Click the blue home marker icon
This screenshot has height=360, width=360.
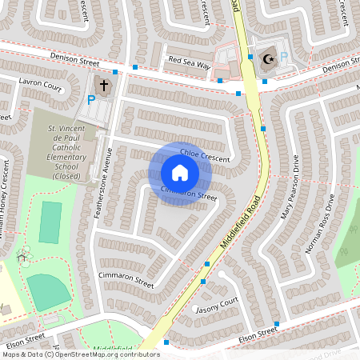pos(179,173)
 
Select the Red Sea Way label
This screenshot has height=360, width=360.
pos(188,60)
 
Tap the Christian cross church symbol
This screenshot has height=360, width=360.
pos(103,84)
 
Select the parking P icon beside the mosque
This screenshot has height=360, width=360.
pos(283,58)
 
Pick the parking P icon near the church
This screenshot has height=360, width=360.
pos(90,100)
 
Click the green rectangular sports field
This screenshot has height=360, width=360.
pos(50,222)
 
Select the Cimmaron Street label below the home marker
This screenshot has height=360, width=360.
pos(189,193)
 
